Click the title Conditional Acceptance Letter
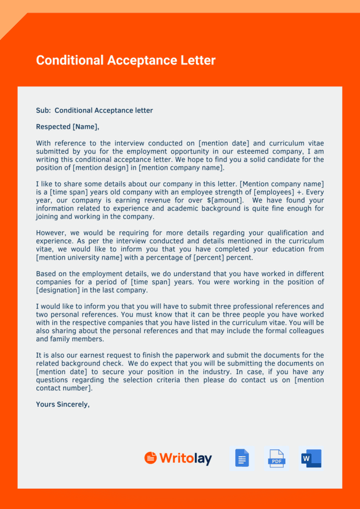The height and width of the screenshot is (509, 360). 125,60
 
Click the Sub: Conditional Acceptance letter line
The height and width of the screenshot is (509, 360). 94,110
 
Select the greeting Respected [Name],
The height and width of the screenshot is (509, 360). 67,127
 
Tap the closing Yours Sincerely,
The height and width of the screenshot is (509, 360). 62,404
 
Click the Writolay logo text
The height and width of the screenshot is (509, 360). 185,458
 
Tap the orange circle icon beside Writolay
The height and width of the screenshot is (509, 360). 150,458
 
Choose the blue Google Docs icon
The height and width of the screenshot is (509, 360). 242,458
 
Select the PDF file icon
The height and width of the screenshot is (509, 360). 276,458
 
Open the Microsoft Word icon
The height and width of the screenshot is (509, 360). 311,458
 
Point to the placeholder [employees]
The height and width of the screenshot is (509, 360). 274,192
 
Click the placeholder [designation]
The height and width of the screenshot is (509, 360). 58,290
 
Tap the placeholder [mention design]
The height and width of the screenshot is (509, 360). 101,168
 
